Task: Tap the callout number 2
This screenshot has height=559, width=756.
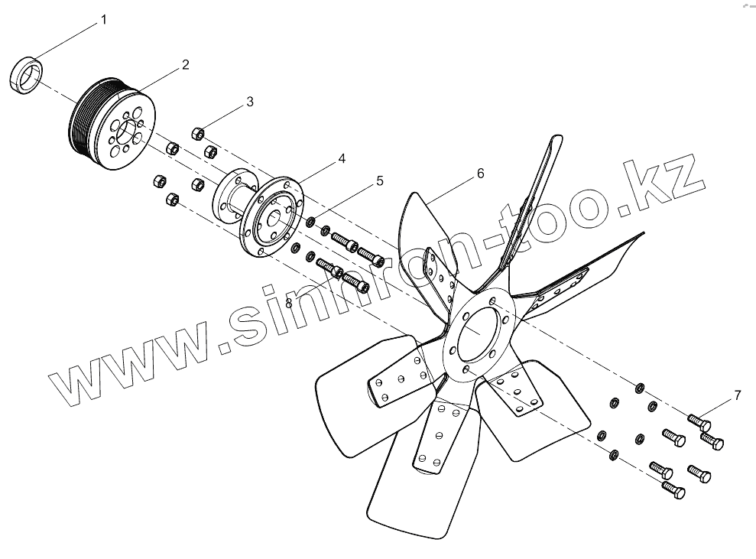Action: click(x=186, y=65)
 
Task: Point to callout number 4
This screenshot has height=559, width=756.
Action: click(x=342, y=159)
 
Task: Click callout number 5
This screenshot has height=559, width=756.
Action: click(x=379, y=181)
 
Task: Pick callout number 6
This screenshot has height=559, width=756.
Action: click(x=480, y=174)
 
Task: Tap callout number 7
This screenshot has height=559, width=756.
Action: click(x=737, y=395)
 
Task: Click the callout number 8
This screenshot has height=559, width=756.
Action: click(x=288, y=303)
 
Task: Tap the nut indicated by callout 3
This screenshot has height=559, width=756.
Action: click(x=196, y=134)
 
